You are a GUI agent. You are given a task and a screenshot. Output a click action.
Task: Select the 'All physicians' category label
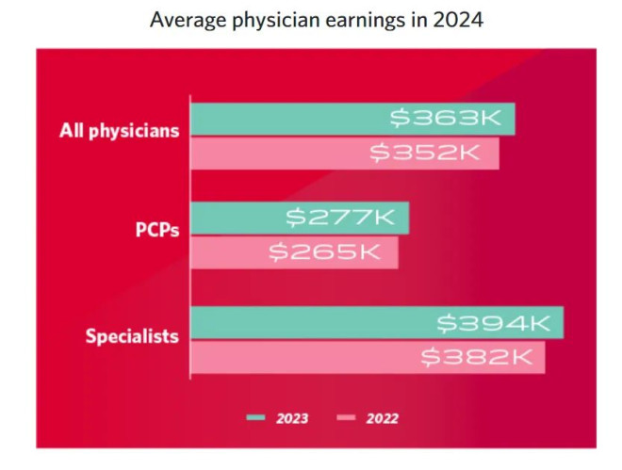(x=119, y=130)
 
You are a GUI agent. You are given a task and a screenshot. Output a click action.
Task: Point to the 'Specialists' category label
(x=132, y=335)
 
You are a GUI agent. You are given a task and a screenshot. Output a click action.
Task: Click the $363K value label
(x=450, y=118)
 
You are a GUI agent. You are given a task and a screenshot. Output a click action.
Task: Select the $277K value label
(x=345, y=218)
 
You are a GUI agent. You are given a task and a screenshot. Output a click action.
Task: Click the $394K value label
(x=495, y=322)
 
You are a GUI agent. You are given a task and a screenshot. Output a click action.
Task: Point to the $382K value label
(x=480, y=357)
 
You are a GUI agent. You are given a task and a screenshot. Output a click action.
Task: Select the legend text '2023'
(x=292, y=417)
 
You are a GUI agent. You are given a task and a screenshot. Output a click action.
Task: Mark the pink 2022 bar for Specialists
(x=302, y=357)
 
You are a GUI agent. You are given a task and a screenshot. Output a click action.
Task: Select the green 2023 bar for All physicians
(x=283, y=118)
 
